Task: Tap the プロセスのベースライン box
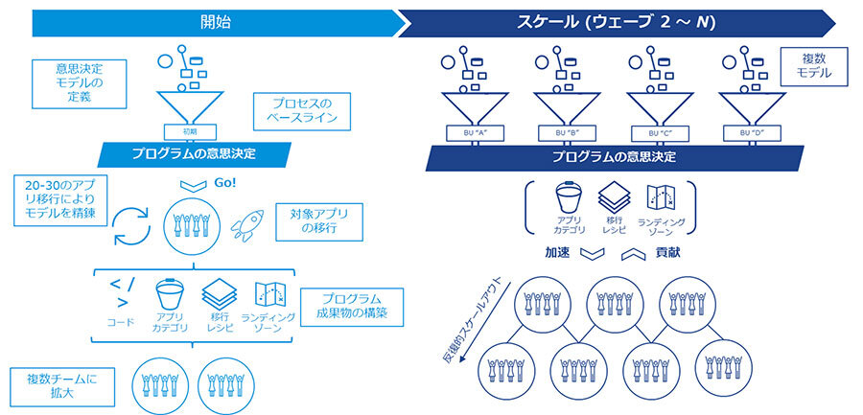pyautogui.click(x=297, y=112)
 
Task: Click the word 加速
pyautogui.click(x=558, y=254)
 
